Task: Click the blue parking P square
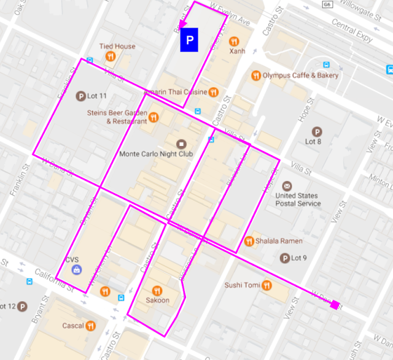pos(189,40)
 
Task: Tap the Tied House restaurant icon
pos(111,56)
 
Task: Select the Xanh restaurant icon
pos(234,42)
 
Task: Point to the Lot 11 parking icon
pos(80,96)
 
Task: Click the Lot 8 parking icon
pos(317,131)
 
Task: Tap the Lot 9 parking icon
pos(285,258)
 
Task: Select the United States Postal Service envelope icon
pos(287,186)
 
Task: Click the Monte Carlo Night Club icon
pos(181,144)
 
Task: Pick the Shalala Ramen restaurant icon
pos(249,241)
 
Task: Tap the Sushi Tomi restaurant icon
pos(267,285)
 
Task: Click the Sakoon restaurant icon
pos(157,291)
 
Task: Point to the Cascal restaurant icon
pos(91,326)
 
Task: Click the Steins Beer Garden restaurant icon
pos(153,117)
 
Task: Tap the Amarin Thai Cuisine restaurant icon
pos(212,92)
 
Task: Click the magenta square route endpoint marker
pos(335,305)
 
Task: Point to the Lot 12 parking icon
pos(22,306)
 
